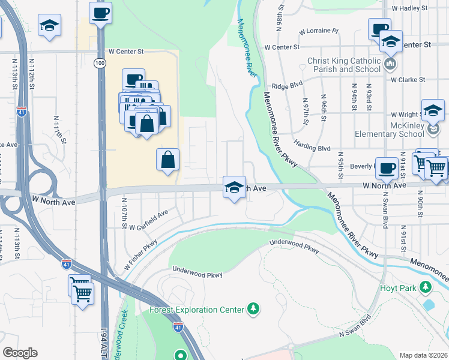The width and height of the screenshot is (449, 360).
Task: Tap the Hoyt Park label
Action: [x=398, y=288]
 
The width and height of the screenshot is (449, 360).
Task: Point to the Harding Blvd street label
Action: [x=312, y=146]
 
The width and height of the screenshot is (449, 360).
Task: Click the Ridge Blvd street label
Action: [x=286, y=86]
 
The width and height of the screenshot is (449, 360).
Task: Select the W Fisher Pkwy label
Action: [x=141, y=254]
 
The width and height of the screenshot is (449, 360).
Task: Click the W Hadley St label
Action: [x=409, y=8]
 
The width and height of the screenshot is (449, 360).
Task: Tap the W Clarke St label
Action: [x=408, y=79]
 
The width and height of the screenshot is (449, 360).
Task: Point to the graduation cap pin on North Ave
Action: [x=234, y=186]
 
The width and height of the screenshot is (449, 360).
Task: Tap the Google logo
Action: [x=20, y=353]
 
